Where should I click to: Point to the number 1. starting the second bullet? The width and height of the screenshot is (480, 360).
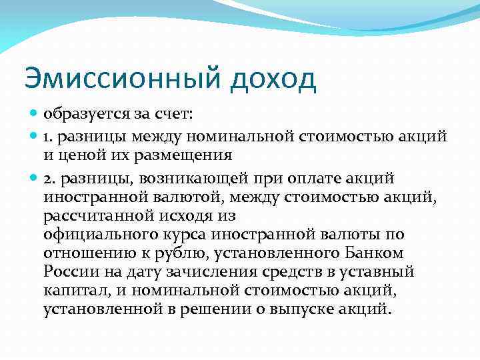[49, 137]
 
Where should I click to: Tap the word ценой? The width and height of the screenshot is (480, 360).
[77, 157]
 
